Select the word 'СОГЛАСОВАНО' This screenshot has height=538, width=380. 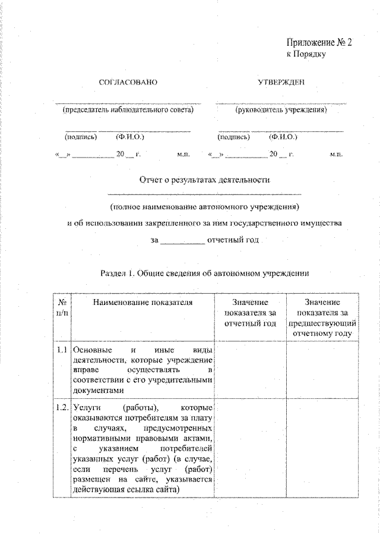(x=128, y=82)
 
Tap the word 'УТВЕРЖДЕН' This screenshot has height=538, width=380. (x=281, y=82)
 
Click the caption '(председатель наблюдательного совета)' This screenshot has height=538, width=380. (x=128, y=110)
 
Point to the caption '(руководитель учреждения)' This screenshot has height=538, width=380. (x=281, y=110)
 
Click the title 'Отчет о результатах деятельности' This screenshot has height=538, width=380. (x=204, y=179)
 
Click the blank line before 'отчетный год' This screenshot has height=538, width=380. (x=182, y=241)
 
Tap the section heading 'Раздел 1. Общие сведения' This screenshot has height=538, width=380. (x=204, y=273)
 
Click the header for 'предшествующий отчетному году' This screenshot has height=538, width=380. (x=321, y=318)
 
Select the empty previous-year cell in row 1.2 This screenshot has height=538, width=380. (x=321, y=449)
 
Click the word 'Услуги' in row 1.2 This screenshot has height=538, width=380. (x=87, y=408)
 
